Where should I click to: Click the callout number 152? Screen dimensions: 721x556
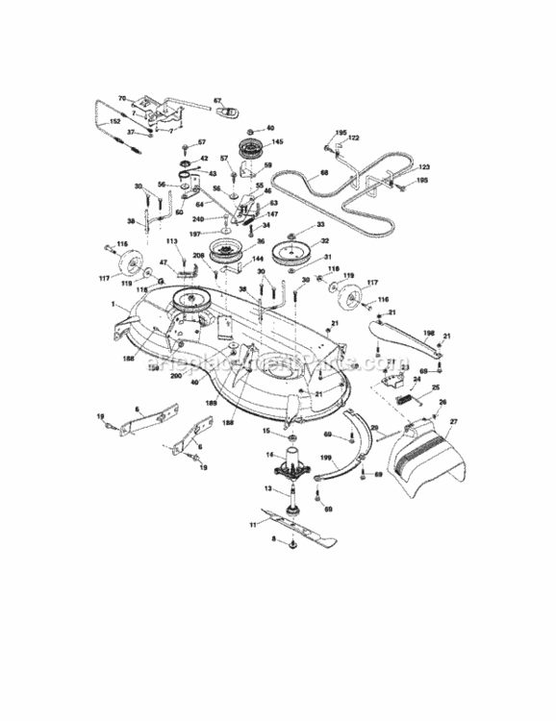[x=114, y=121]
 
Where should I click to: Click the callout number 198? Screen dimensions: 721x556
[x=430, y=333]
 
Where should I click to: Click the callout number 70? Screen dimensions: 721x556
[x=122, y=98]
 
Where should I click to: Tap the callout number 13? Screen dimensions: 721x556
[x=270, y=488]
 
